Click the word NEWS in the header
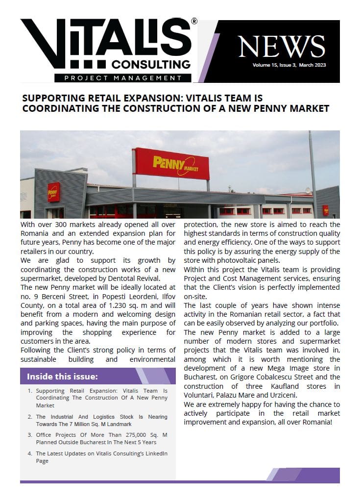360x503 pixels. pyautogui.click(x=282, y=47)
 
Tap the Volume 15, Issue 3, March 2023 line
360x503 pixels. pyautogui.click(x=289, y=65)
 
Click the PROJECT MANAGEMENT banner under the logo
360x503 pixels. pyautogui.click(x=118, y=78)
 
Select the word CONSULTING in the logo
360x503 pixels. pyautogui.click(x=151, y=64)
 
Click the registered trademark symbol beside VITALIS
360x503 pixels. pyautogui.click(x=194, y=22)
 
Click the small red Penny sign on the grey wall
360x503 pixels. pyautogui.click(x=53, y=192)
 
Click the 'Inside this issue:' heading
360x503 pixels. pyautogui.click(x=62, y=377)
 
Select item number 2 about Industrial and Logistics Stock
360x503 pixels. pyautogui.click(x=101, y=420)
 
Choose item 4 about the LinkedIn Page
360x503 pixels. pyautogui.click(x=101, y=457)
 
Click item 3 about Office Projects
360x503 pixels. pyautogui.click(x=101, y=438)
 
